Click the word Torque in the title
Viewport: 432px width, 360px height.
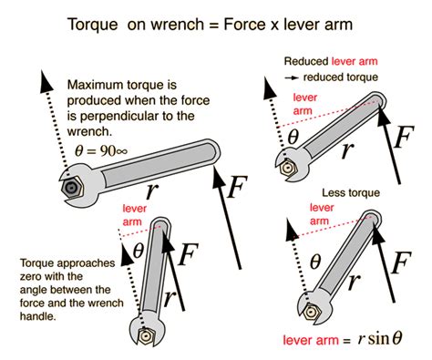pos(95,19)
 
